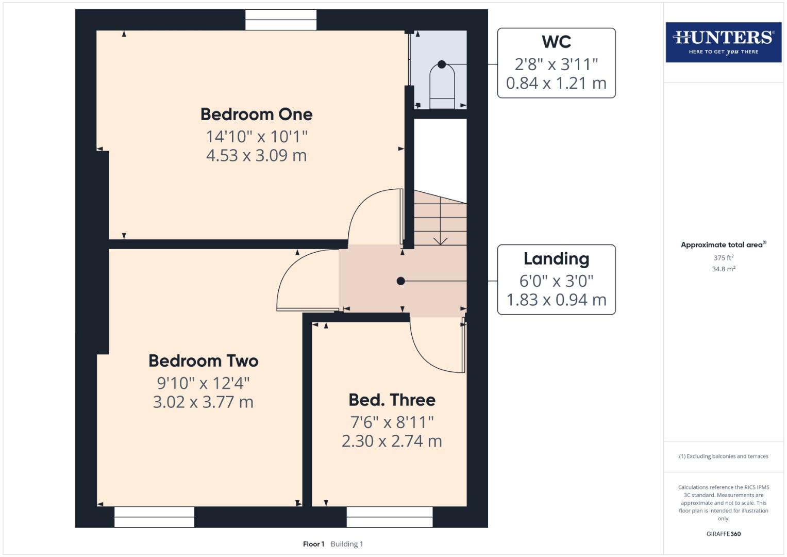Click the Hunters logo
pos(723,42)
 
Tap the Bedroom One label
pos(256,114)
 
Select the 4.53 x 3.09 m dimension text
pos(256,155)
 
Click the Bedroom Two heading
pos(203,361)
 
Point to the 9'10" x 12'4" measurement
pos(203,383)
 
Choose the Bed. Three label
pos(392,400)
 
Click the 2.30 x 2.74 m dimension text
pos(392,441)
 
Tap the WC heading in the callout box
pos(556,42)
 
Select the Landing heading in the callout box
pos(556,258)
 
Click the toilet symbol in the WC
pos(442,85)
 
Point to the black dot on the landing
pos(400,281)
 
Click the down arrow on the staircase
pos(440,240)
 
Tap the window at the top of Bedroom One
pos(281,20)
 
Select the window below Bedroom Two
pos(154,517)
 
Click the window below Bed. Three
pos(389,517)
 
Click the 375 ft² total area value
pos(723,258)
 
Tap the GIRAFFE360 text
pos(723,534)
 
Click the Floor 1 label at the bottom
pos(313,544)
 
